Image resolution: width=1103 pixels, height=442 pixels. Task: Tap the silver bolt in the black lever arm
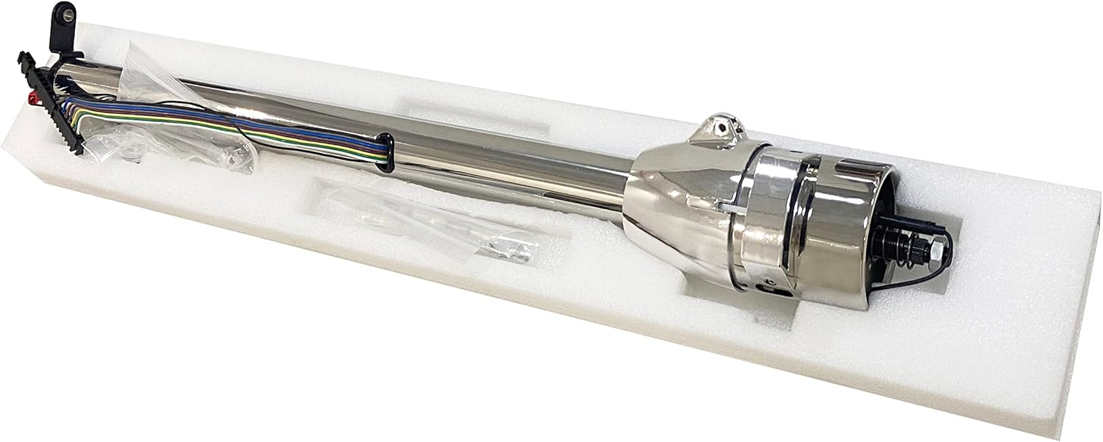pyautogui.click(x=68, y=13)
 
